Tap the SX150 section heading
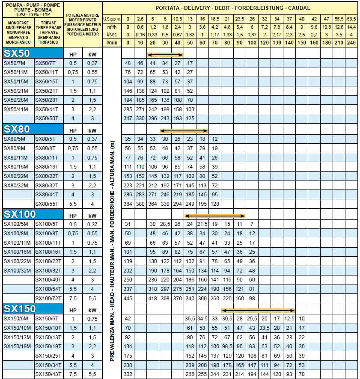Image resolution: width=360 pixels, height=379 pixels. (x=19, y=309)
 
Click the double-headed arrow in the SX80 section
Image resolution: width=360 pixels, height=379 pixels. (x=184, y=130)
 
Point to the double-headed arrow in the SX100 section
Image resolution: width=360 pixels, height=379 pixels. (x=215, y=215)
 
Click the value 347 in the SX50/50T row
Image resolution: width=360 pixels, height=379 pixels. (x=128, y=118)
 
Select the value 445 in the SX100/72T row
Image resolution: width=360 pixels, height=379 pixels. (x=128, y=298)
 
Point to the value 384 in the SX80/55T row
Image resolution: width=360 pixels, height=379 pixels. (x=128, y=203)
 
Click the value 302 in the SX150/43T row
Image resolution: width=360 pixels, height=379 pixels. (x=128, y=374)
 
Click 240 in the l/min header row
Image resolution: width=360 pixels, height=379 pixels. (x=351, y=43)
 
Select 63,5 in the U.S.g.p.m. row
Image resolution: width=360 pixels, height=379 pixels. (x=351, y=19)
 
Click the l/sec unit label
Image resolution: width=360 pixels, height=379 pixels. (x=112, y=35)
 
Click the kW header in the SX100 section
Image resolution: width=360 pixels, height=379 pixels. (x=92, y=215)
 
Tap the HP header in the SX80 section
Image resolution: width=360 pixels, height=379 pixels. (x=73, y=130)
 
